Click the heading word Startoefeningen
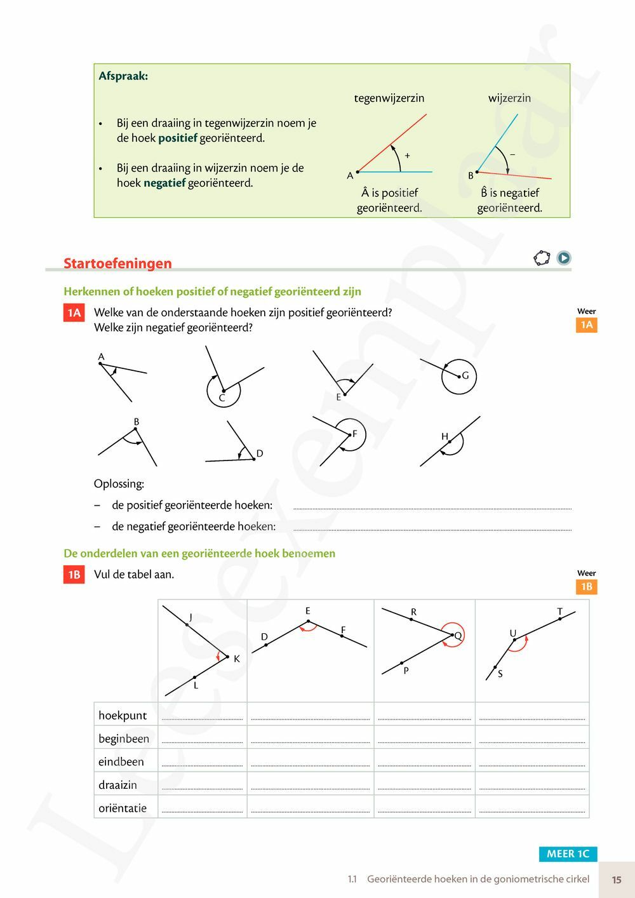click(117, 263)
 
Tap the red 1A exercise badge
click(74, 312)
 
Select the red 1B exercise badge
click(74, 575)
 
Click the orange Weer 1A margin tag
click(586, 325)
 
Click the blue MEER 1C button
click(568, 854)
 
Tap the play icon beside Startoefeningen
click(563, 258)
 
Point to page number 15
click(617, 880)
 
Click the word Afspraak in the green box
click(123, 76)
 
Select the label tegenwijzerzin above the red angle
click(389, 98)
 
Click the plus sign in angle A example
click(407, 155)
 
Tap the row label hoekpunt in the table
click(123, 716)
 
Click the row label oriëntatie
click(123, 808)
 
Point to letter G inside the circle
click(465, 375)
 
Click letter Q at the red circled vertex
click(458, 635)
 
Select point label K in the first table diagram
click(237, 659)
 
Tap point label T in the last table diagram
click(559, 612)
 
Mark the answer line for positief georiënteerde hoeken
click(432, 507)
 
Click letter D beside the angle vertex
click(259, 453)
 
